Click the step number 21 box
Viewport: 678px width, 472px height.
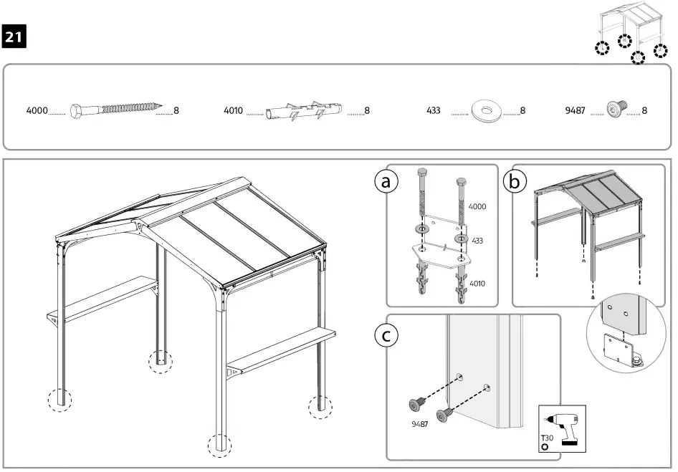tap(14, 38)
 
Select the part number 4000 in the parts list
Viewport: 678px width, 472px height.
tap(37, 111)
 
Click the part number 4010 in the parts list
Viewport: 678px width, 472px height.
tap(234, 111)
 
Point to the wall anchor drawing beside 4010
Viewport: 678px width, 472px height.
tap(304, 112)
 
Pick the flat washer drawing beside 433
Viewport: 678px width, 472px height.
tap(487, 111)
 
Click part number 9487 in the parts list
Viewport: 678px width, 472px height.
tap(575, 111)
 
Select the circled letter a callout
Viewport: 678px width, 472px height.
tap(388, 182)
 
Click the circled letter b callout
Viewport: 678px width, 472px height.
tap(514, 182)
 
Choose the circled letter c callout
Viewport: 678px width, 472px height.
tap(388, 334)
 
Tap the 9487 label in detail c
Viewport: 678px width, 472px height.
tap(421, 424)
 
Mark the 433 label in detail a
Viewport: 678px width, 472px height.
tap(477, 241)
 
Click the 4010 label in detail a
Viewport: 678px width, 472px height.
tap(477, 284)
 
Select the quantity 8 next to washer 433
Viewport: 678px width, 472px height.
tap(522, 111)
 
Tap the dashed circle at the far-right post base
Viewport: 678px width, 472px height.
tap(320, 406)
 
